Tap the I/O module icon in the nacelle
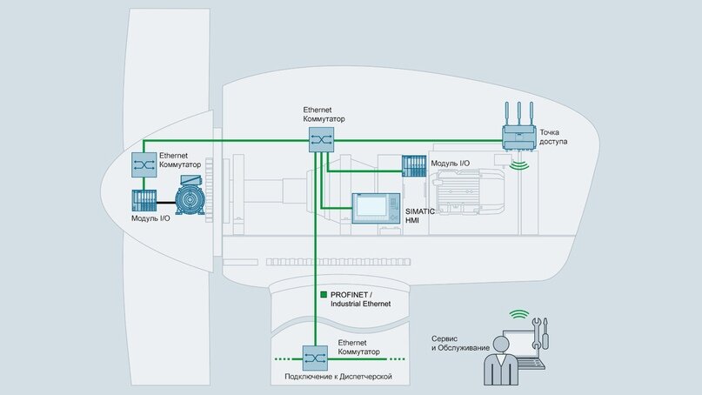413,167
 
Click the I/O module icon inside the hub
144,201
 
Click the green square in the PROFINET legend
324,294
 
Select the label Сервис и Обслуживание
458,343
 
